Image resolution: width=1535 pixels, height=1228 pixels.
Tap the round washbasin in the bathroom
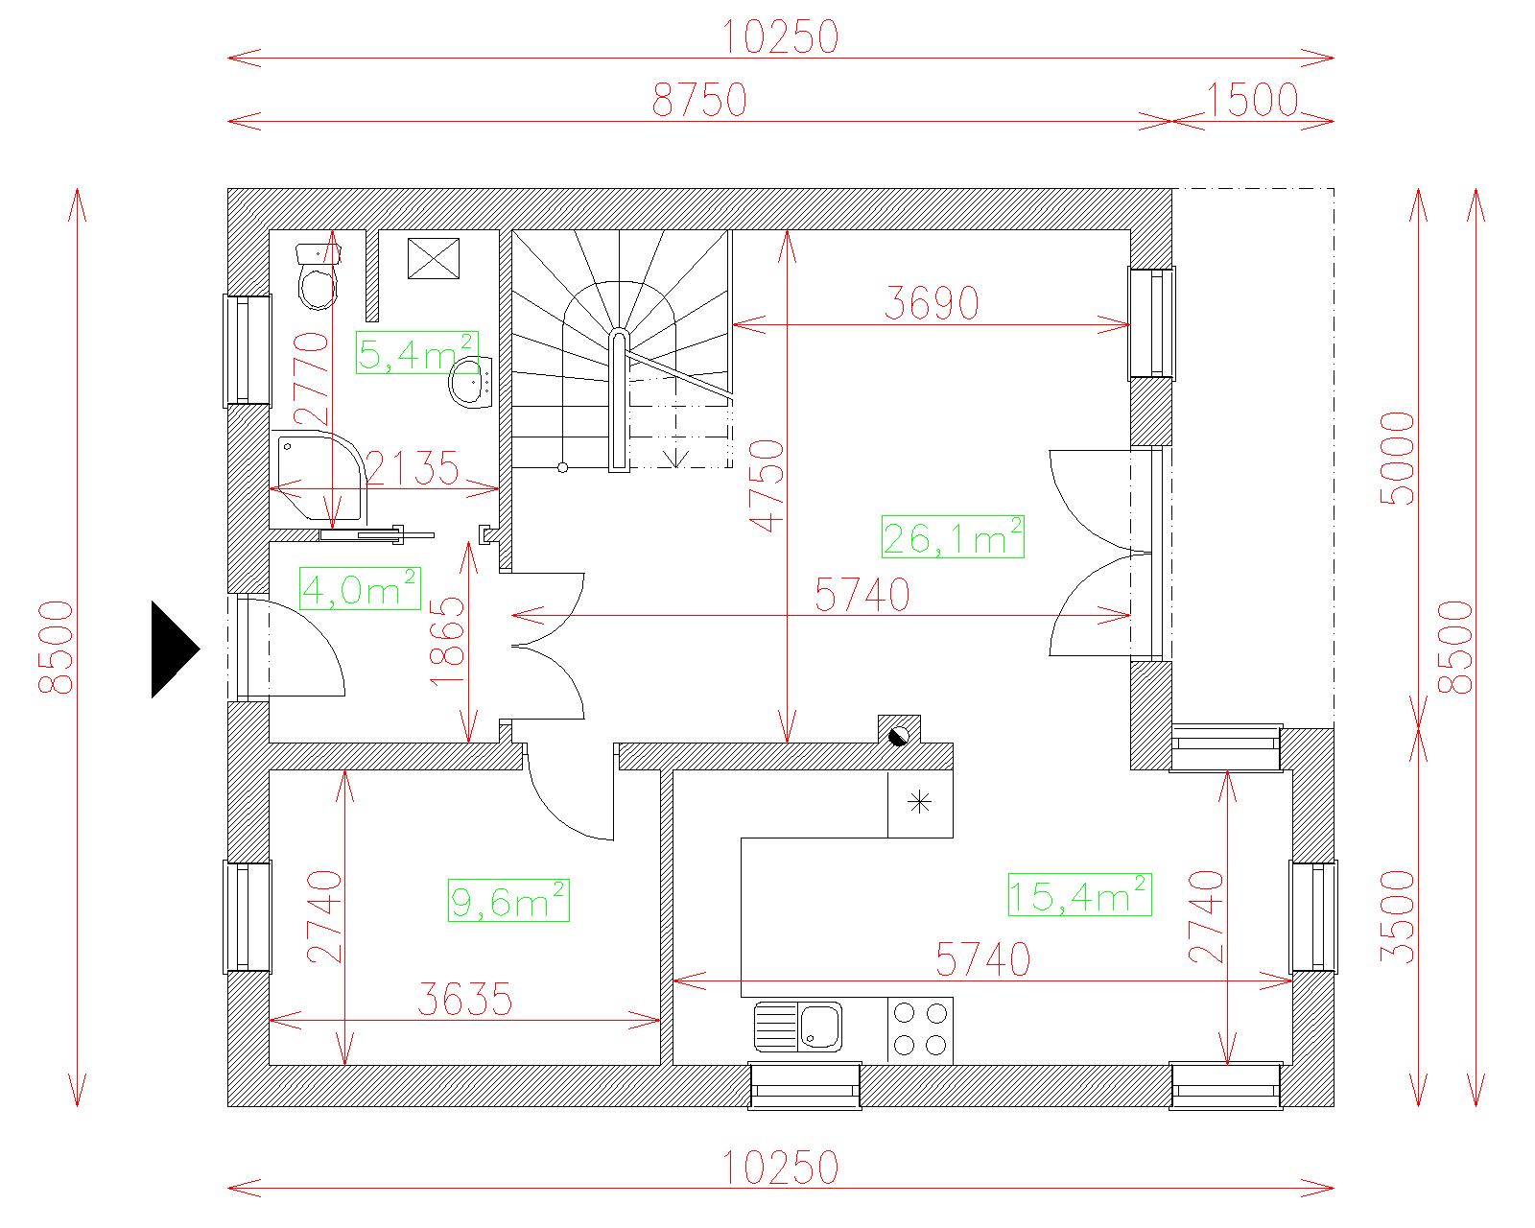pos(470,383)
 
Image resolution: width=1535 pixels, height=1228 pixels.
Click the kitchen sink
pos(798,1027)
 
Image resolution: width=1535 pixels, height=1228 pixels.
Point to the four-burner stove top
pos(920,1029)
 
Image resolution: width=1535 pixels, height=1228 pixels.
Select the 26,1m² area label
pos(953,536)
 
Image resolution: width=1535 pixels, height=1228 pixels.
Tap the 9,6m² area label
pos(508,901)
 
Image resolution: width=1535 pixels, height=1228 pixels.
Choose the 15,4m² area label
pos(1079,895)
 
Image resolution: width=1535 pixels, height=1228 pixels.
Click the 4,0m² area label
pos(360,589)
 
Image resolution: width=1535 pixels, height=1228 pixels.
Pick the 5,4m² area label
pos(416,352)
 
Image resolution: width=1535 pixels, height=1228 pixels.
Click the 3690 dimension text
pos(932,302)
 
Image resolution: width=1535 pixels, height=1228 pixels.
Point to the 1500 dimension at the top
pos(1252,100)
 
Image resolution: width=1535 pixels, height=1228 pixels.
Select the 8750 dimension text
pos(699,100)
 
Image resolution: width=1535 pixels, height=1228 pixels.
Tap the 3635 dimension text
pos(465,999)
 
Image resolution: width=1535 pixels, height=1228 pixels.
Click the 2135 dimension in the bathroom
pos(413,468)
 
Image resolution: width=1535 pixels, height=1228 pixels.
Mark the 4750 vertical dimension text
pos(767,485)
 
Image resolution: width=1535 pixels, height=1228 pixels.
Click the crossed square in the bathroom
pos(433,258)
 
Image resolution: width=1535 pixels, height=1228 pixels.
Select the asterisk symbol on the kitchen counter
pos(920,803)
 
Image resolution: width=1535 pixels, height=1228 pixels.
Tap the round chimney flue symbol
pos(900,736)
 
